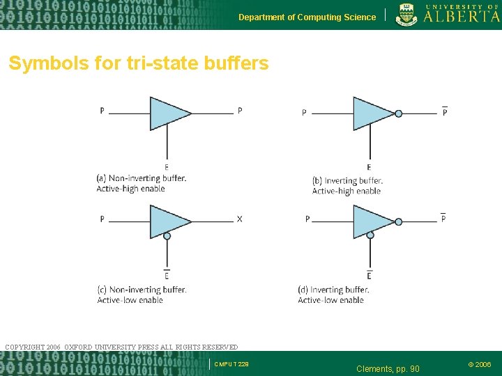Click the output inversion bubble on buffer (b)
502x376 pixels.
pos(398,113)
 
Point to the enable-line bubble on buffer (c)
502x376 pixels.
pos(167,236)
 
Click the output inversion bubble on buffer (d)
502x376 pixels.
pos(398,221)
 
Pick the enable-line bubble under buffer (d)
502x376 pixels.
pos(370,235)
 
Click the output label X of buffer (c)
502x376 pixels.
pos(240,219)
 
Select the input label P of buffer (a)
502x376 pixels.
pos(102,111)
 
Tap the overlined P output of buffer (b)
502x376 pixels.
pos(445,112)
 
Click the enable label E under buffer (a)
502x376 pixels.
pos(166,167)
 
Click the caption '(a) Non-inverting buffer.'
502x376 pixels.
pos(142,178)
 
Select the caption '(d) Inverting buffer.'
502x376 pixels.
pos(333,290)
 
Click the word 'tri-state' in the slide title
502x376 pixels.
pos(167,64)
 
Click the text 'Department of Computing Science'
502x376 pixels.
pos(307,17)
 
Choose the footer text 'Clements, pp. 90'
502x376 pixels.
pos(388,368)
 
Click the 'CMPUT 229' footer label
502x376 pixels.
pos(231,364)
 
